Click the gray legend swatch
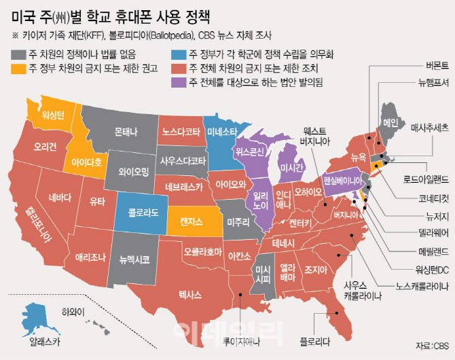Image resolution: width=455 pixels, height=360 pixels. (17, 54)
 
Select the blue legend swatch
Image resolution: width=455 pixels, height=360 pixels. (179, 54)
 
